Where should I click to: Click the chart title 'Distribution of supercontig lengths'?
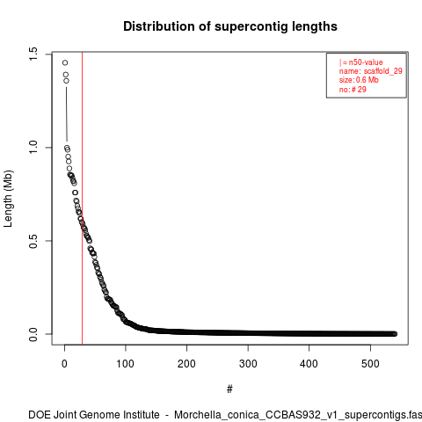pyautogui.click(x=230, y=26)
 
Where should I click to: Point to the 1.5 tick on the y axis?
pyautogui.click(x=33, y=55)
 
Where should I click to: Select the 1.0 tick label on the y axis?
pyautogui.click(x=33, y=147)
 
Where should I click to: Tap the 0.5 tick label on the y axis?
pyautogui.click(x=33, y=241)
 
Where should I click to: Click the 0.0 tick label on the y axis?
pyautogui.click(x=33, y=334)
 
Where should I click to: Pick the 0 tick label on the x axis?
pyautogui.click(x=64, y=364)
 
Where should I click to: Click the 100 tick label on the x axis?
pyautogui.click(x=126, y=364)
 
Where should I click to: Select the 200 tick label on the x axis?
pyautogui.click(x=186, y=364)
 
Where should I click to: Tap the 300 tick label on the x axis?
pyautogui.click(x=248, y=364)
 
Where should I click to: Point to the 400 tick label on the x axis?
pyautogui.click(x=309, y=364)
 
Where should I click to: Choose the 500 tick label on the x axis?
pyautogui.click(x=370, y=364)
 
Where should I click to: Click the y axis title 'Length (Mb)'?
pyautogui.click(x=9, y=199)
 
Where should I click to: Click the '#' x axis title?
pyautogui.click(x=229, y=389)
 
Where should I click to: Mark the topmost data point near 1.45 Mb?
pyautogui.click(x=65, y=62)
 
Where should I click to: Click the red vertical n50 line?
pyautogui.click(x=83, y=198)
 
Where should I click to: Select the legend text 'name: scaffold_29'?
pyautogui.click(x=371, y=71)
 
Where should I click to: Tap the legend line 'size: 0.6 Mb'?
pyautogui.click(x=359, y=80)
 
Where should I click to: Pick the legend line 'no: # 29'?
pyautogui.click(x=353, y=90)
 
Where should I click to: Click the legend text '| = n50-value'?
pyautogui.click(x=361, y=62)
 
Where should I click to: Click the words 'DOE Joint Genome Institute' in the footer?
pyautogui.click(x=94, y=415)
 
